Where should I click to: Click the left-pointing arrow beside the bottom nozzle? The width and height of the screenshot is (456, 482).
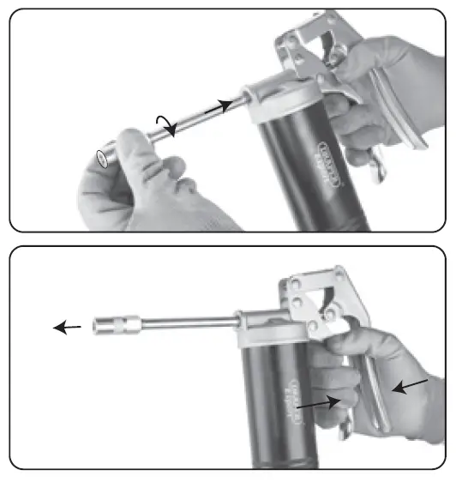(x=67, y=327)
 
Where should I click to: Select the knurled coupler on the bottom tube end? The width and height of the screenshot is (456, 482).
(x=116, y=326)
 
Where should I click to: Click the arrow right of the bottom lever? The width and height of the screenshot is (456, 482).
(x=409, y=388)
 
